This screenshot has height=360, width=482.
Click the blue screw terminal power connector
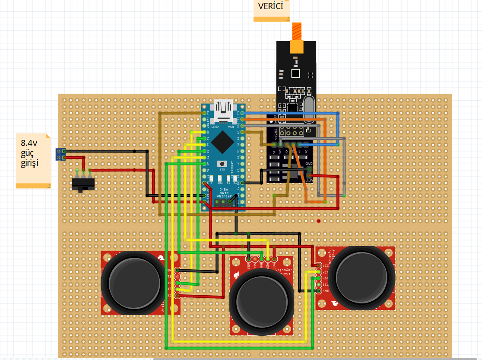pyautogui.click(x=60, y=154)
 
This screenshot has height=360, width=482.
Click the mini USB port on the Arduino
pyautogui.click(x=223, y=109)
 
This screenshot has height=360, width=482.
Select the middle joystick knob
pyautogui.click(x=262, y=301)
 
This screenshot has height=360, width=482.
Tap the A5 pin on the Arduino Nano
pyautogui.click(x=205, y=164)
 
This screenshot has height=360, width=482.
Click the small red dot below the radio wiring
pyautogui.click(x=318, y=221)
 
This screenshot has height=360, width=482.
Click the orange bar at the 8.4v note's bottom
pyautogui.click(x=33, y=186)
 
